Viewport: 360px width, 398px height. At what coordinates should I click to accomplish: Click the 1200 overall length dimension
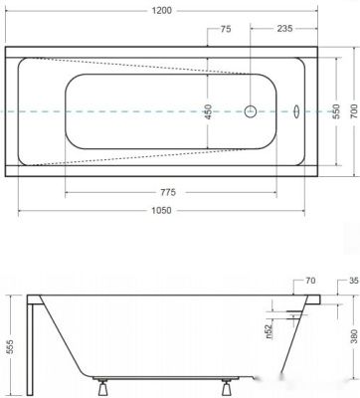click(162, 11)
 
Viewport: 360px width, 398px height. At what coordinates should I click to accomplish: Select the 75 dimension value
click(226, 29)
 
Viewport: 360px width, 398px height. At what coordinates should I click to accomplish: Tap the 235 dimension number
click(284, 29)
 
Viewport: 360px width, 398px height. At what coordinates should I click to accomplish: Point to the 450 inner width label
click(208, 111)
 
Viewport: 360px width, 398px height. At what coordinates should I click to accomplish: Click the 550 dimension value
click(336, 111)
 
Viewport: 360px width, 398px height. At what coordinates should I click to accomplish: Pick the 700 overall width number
click(354, 110)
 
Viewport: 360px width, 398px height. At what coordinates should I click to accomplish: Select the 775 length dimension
click(168, 192)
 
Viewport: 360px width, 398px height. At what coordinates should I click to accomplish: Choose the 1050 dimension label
click(161, 211)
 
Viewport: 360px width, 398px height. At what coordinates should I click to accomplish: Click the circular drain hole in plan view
click(251, 111)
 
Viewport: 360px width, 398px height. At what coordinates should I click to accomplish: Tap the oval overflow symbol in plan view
click(296, 111)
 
